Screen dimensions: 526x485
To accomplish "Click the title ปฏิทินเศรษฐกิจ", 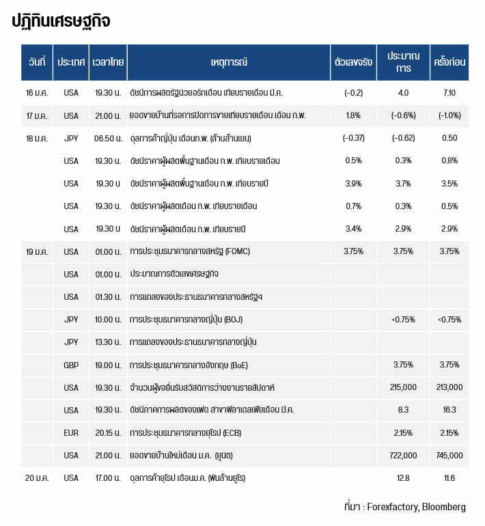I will click(x=61, y=21).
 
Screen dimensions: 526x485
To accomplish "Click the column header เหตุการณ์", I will click(x=229, y=62).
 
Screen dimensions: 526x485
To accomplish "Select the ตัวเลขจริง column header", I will click(x=353, y=62).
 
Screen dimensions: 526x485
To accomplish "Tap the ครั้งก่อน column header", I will click(x=449, y=62).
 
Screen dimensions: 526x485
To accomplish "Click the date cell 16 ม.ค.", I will click(x=36, y=93).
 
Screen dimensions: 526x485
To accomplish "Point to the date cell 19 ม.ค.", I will click(x=36, y=251).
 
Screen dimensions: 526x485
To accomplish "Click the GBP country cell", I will click(x=71, y=365).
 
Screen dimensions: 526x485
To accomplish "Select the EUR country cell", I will click(x=71, y=432).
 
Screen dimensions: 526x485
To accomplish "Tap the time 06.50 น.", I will click(x=109, y=138).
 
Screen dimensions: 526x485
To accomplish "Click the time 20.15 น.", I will click(x=109, y=432).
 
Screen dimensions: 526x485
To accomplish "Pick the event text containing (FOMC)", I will click(x=190, y=251).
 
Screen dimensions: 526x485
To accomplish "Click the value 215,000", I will click(x=403, y=387).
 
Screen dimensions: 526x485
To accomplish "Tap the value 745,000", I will click(x=449, y=455).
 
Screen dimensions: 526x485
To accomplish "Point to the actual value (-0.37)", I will click(x=353, y=138).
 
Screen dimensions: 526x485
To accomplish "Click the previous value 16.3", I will click(x=449, y=410).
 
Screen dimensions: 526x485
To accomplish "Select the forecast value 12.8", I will click(x=403, y=477).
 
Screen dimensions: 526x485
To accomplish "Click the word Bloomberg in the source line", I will click(x=443, y=507).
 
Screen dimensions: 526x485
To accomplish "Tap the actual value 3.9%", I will click(x=353, y=183).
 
